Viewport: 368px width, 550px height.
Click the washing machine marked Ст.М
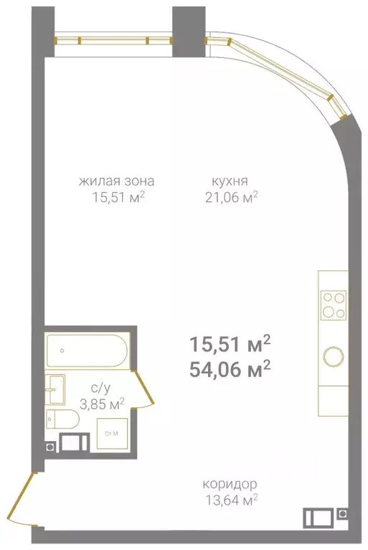coord(111,434)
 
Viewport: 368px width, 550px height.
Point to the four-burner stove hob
coord(332,304)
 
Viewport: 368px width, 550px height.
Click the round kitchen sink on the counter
coord(333,356)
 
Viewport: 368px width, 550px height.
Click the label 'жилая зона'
coord(116,181)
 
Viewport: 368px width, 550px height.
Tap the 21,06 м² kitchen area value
coord(230,196)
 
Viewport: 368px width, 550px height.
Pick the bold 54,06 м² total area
coord(230,368)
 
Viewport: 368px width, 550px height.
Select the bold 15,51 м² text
coord(230,344)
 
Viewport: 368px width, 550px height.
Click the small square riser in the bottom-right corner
coord(343,514)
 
